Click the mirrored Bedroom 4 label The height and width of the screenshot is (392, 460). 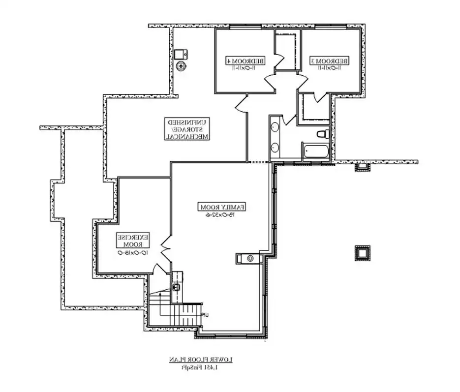coord(245,60)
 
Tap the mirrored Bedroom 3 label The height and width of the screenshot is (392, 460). coord(330,60)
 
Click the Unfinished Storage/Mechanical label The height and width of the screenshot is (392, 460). coord(189,129)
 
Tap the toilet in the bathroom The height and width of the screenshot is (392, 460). coord(323,133)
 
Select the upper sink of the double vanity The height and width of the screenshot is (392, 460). coord(275,127)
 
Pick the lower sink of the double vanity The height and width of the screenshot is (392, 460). coord(275,147)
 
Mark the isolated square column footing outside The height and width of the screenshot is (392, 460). coord(362,253)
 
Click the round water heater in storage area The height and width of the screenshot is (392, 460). coord(182,65)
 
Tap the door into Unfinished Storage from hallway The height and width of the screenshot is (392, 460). coord(241,104)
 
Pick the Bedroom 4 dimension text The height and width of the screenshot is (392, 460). coord(245,68)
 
